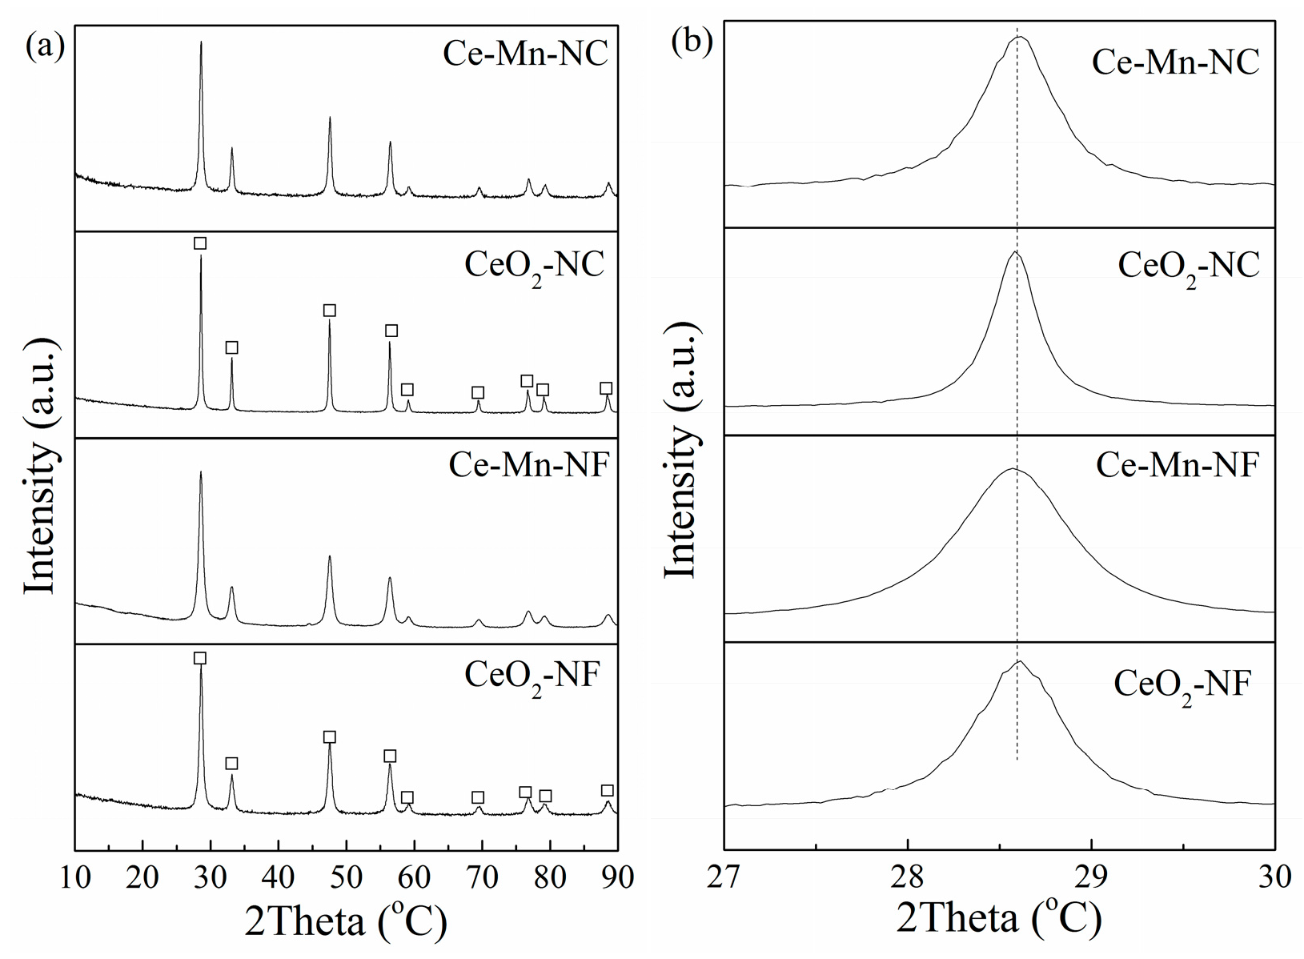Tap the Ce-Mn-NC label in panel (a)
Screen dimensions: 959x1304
[x=525, y=55]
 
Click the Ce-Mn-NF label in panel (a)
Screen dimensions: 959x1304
[x=529, y=464]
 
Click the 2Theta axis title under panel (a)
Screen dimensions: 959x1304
[x=345, y=923]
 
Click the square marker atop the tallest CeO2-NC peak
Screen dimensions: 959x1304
[x=200, y=243]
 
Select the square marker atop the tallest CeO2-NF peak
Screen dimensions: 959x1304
[x=200, y=658]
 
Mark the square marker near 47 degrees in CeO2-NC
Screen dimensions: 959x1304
[x=329, y=311]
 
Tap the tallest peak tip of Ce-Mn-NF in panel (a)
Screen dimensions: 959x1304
[x=200, y=472]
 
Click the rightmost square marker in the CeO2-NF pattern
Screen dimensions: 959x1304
[x=608, y=791]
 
